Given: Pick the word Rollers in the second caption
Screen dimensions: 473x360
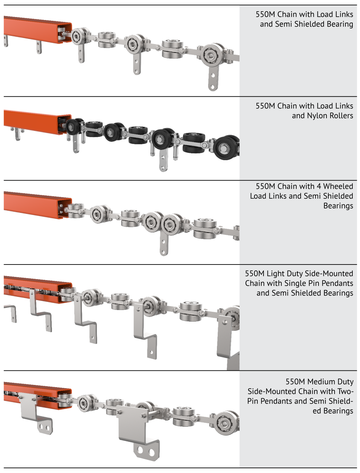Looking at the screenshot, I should (340, 116).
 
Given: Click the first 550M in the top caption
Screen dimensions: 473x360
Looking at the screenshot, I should (265, 15).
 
